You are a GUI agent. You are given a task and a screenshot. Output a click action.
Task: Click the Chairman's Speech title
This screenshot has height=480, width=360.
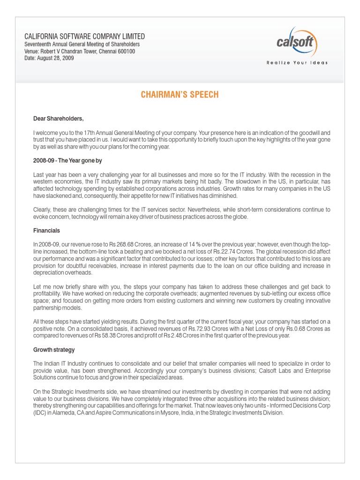tap(180, 95)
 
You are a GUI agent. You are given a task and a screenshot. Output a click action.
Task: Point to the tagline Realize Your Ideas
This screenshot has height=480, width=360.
tap(297, 63)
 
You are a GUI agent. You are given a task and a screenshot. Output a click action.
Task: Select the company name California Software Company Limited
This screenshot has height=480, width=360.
tap(84, 36)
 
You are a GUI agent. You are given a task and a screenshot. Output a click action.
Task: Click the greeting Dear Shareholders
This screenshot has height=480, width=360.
tap(58, 119)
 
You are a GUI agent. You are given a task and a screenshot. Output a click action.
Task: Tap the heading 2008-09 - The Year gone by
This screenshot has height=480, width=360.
tap(67, 161)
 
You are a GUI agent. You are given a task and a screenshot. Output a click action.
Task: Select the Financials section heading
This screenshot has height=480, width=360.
tap(46, 231)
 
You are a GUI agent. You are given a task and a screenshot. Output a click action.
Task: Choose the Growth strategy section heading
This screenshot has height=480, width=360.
tap(54, 350)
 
